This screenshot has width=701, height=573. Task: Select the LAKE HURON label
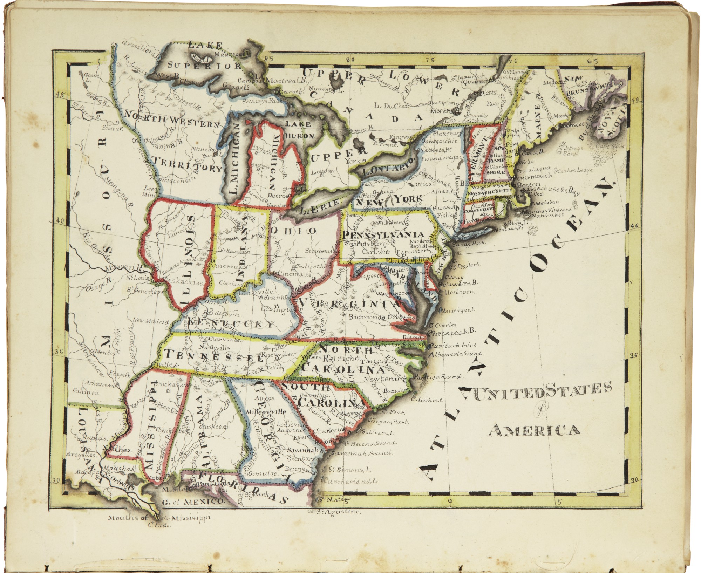pos(299,130)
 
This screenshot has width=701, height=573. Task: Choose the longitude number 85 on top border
pos(269,59)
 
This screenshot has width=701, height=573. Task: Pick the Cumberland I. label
pos(350,481)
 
